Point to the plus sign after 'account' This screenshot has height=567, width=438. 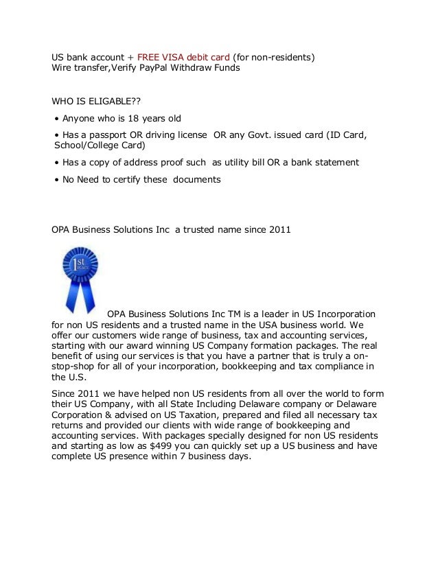pos(130,57)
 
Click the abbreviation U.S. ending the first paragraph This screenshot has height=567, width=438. pos(62,377)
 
